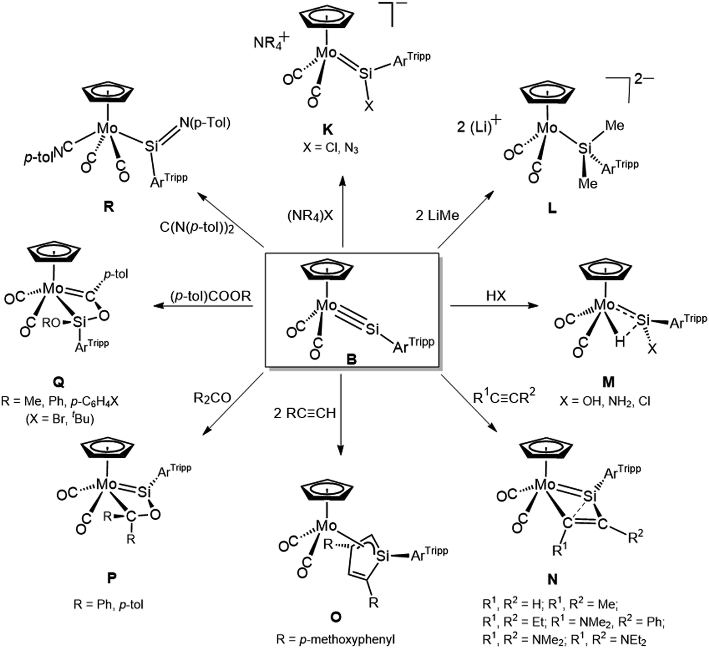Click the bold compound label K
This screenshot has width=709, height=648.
328,130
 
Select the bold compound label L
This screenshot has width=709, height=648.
552,208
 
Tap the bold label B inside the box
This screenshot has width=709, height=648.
351,359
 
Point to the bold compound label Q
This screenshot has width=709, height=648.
58,382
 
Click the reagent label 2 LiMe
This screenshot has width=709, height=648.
437,215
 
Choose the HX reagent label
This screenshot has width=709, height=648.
496,295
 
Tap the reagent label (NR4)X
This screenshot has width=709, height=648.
310,215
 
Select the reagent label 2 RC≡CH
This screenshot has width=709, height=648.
305,413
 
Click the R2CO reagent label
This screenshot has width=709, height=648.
212,397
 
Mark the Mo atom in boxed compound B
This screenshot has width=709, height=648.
326,305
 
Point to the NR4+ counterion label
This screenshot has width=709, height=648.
272,41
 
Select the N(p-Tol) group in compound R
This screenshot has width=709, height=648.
205,123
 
